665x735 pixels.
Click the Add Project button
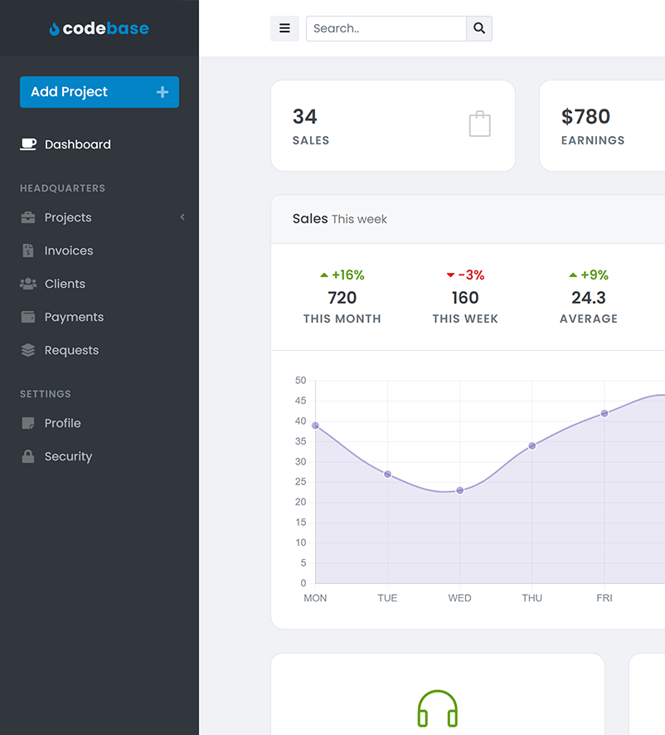click(x=99, y=92)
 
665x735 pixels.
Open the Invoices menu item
click(x=68, y=251)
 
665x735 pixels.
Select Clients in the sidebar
click(x=65, y=284)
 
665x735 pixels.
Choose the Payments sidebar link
click(x=74, y=317)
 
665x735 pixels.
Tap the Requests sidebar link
click(x=71, y=350)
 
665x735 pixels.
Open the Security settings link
click(x=68, y=456)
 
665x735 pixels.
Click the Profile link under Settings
click(x=62, y=423)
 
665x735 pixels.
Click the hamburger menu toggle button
click(x=284, y=28)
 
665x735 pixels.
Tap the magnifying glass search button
click(x=479, y=28)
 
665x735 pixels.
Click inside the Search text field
click(x=386, y=28)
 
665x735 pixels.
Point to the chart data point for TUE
click(x=387, y=475)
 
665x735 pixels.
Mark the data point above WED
click(x=460, y=490)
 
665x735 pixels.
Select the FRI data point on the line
click(x=604, y=413)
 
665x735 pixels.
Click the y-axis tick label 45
click(x=300, y=401)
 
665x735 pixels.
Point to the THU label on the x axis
click(x=532, y=598)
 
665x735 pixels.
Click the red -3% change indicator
click(x=465, y=275)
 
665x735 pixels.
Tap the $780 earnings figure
click(x=585, y=116)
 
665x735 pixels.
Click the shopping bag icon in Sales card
click(x=480, y=124)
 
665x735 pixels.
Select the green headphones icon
click(x=438, y=709)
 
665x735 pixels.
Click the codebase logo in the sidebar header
click(x=100, y=28)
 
